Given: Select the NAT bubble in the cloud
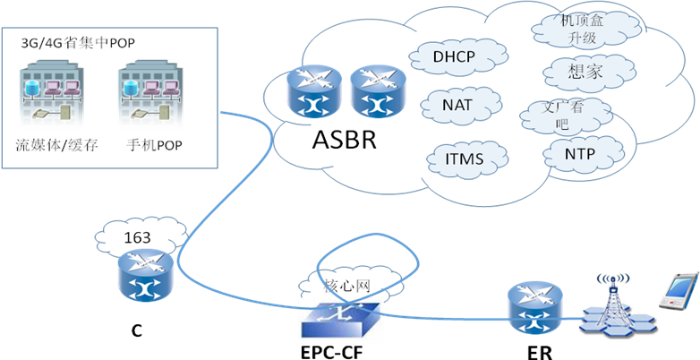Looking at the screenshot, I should pyautogui.click(x=457, y=106).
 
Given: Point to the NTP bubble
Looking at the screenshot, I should pyautogui.click(x=580, y=153).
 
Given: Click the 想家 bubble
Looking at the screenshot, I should pyautogui.click(x=585, y=72).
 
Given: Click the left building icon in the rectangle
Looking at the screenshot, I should pyautogui.click(x=52, y=92).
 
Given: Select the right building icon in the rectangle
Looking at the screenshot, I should pyautogui.click(x=150, y=92).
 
